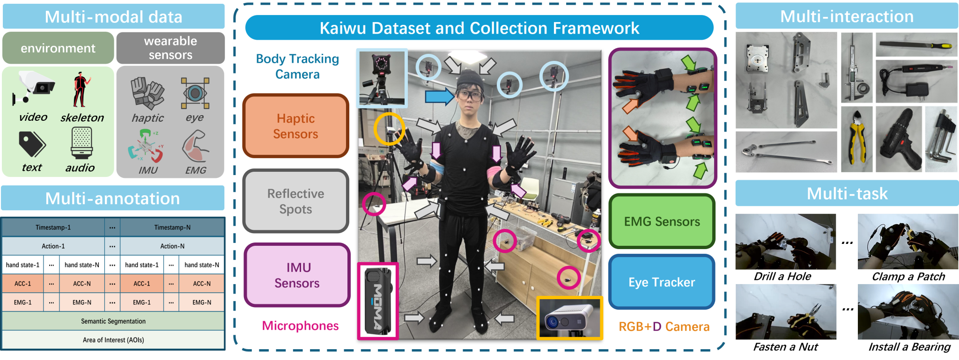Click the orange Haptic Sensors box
pyautogui.click(x=295, y=126)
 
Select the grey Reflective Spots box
pyautogui.click(x=295, y=201)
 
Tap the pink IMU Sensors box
pyautogui.click(x=297, y=275)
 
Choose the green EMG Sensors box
pyautogui.click(x=662, y=221)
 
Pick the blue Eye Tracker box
pyautogui.click(x=662, y=282)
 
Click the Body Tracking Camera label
pyautogui.click(x=297, y=66)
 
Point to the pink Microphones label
pyautogui.click(x=300, y=326)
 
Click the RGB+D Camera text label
pyautogui.click(x=664, y=327)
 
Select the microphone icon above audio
pyautogui.click(x=81, y=143)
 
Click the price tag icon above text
pyautogui.click(x=32, y=144)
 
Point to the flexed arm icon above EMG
pyautogui.click(x=195, y=147)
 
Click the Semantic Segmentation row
pyautogui.click(x=113, y=322)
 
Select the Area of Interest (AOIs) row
pyautogui.click(x=113, y=340)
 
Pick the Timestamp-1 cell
pyautogui.click(x=53, y=228)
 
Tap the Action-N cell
pyautogui.click(x=172, y=246)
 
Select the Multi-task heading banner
pyautogui.click(x=847, y=194)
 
